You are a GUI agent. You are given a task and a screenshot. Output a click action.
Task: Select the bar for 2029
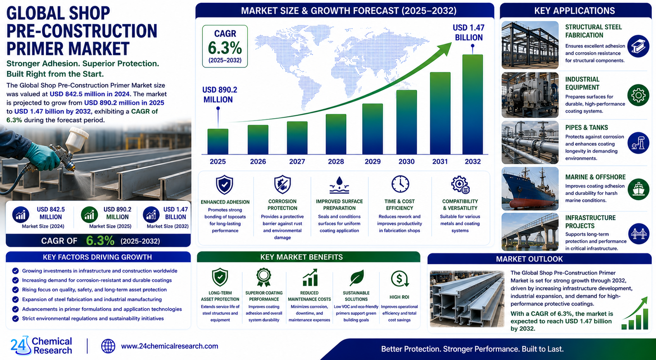tap(372, 129)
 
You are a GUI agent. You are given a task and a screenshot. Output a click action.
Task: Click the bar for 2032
tap(473, 104)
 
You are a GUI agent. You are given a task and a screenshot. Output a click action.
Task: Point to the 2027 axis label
tap(297, 162)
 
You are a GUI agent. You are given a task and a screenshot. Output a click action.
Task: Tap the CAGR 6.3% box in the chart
tap(225, 46)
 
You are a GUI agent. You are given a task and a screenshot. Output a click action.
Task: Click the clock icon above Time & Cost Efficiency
tap(400, 184)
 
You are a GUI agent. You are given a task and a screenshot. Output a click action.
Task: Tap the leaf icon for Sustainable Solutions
tap(356, 278)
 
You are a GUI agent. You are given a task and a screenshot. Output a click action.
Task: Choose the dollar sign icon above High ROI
tap(399, 279)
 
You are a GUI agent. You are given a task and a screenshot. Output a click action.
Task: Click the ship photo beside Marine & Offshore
tap(530, 189)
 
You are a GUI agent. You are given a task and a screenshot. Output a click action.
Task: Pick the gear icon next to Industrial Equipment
tap(639, 95)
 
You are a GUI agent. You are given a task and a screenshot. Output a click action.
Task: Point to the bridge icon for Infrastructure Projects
tap(639, 233)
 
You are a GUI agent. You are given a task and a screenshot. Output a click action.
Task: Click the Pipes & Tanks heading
tap(586, 127)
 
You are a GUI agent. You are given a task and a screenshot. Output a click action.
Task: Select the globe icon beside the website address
tap(108, 346)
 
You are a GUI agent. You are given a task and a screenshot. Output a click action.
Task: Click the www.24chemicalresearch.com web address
tap(170, 346)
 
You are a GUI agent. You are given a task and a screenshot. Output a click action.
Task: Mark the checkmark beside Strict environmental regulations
tap(15, 319)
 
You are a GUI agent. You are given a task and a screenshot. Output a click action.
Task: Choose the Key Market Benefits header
tap(301, 257)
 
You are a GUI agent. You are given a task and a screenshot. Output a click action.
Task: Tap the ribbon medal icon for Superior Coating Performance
tap(263, 277)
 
